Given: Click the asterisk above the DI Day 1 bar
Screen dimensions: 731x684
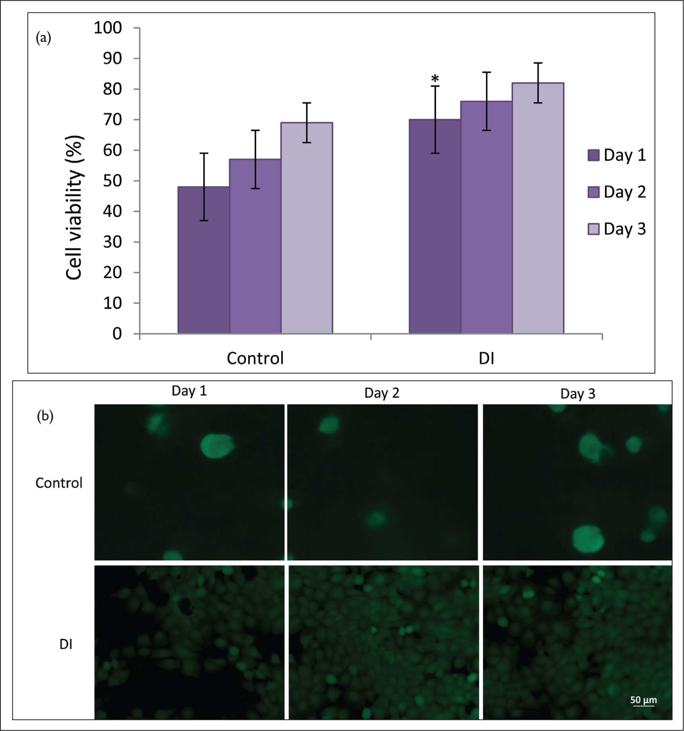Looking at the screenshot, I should point(435,78).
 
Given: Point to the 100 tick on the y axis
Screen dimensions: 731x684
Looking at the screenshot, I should point(108,28).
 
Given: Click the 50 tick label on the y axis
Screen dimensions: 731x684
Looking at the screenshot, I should point(112,181).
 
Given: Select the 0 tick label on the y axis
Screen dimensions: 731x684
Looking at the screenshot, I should point(117,334).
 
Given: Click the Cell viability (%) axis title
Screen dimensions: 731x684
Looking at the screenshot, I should point(74,207).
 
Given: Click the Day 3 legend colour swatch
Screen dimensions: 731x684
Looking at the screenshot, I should point(594,229).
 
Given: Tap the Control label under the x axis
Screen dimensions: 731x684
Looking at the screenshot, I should point(255,358).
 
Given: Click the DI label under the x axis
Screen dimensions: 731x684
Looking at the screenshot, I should point(486,358).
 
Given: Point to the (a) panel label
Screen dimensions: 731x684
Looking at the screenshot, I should point(43,38).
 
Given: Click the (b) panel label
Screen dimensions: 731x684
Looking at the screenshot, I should point(45,416).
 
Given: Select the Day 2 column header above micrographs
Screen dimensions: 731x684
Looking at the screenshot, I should point(382,393).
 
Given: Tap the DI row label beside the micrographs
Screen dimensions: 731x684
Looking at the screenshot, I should point(66,644).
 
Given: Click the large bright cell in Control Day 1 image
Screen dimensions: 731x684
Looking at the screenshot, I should point(216,446).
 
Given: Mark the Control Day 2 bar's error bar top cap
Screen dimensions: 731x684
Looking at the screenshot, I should point(255,130).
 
